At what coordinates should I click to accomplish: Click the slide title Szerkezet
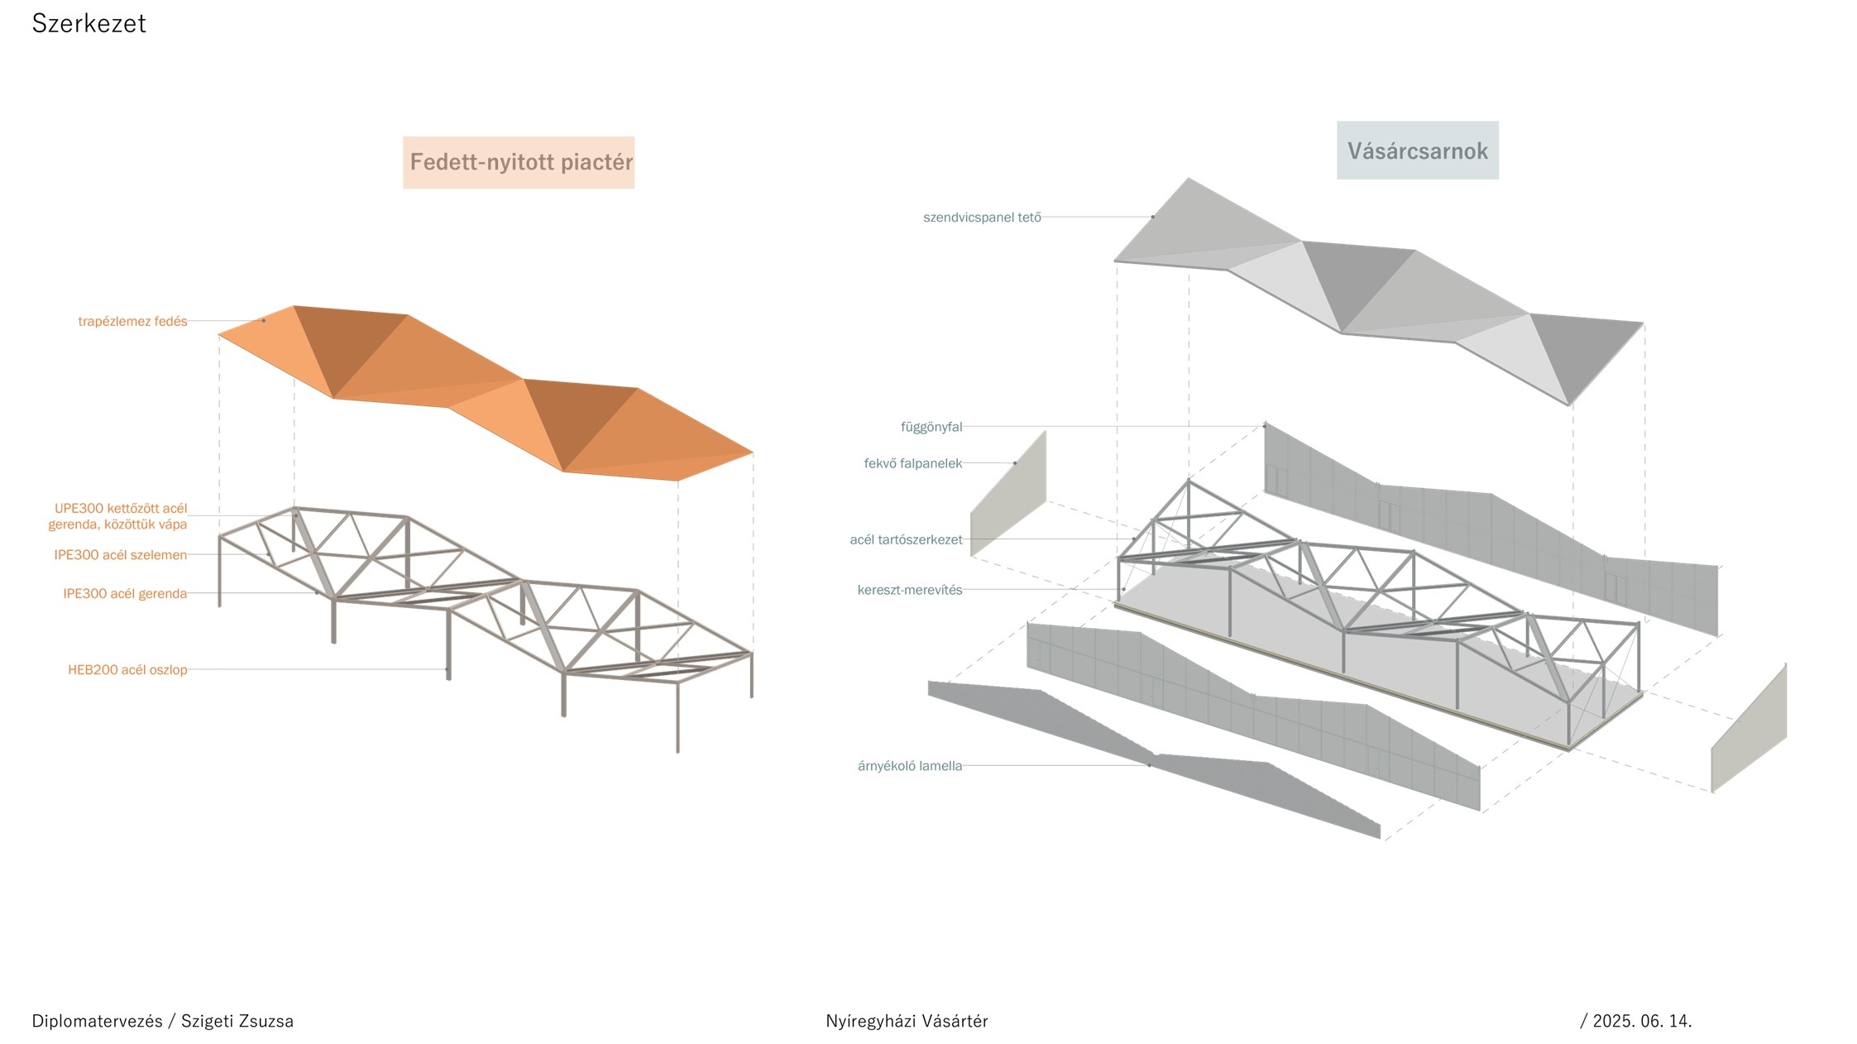(x=89, y=23)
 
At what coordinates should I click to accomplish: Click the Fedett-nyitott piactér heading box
(x=519, y=162)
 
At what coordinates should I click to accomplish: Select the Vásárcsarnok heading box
(x=1417, y=151)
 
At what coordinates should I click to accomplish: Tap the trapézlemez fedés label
(x=132, y=321)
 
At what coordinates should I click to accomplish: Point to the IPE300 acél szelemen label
(x=120, y=555)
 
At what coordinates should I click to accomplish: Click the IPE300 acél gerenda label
(x=125, y=594)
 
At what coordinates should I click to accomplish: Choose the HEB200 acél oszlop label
(x=127, y=670)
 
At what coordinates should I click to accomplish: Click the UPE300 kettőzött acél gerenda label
(x=118, y=516)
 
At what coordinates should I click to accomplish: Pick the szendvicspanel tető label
(x=982, y=218)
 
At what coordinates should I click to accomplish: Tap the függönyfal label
(x=931, y=427)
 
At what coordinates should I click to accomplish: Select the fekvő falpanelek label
(x=913, y=463)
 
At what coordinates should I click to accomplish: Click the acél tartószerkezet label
(x=906, y=540)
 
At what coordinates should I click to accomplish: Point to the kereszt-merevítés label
(x=910, y=591)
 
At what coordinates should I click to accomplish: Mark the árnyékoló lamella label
(x=910, y=766)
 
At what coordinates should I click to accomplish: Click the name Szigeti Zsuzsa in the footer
(x=237, y=1021)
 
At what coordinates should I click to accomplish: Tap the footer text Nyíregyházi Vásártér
(x=907, y=1021)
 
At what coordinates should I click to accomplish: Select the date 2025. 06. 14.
(x=1642, y=1021)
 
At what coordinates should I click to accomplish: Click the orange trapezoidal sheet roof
(x=463, y=372)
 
